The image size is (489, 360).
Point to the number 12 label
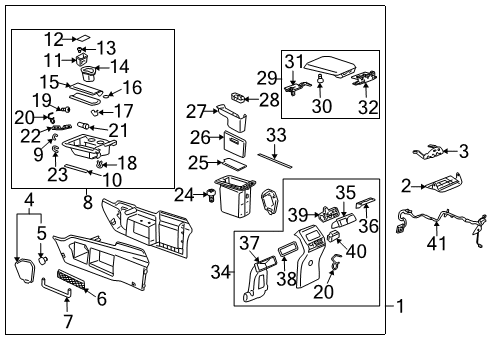(53, 39)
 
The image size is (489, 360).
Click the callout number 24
(183, 193)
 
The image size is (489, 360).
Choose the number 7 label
(68, 322)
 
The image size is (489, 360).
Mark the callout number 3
(463, 152)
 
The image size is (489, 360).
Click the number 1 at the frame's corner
(401, 306)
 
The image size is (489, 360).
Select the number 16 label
(132, 88)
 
